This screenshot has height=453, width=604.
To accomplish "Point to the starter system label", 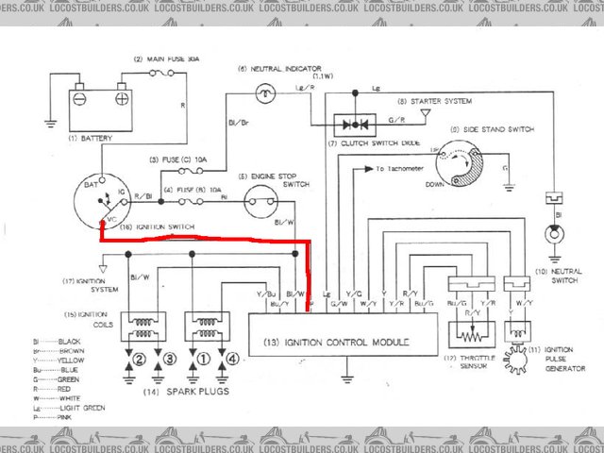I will pos(437,100).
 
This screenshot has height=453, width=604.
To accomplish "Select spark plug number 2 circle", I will pos(138,359).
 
